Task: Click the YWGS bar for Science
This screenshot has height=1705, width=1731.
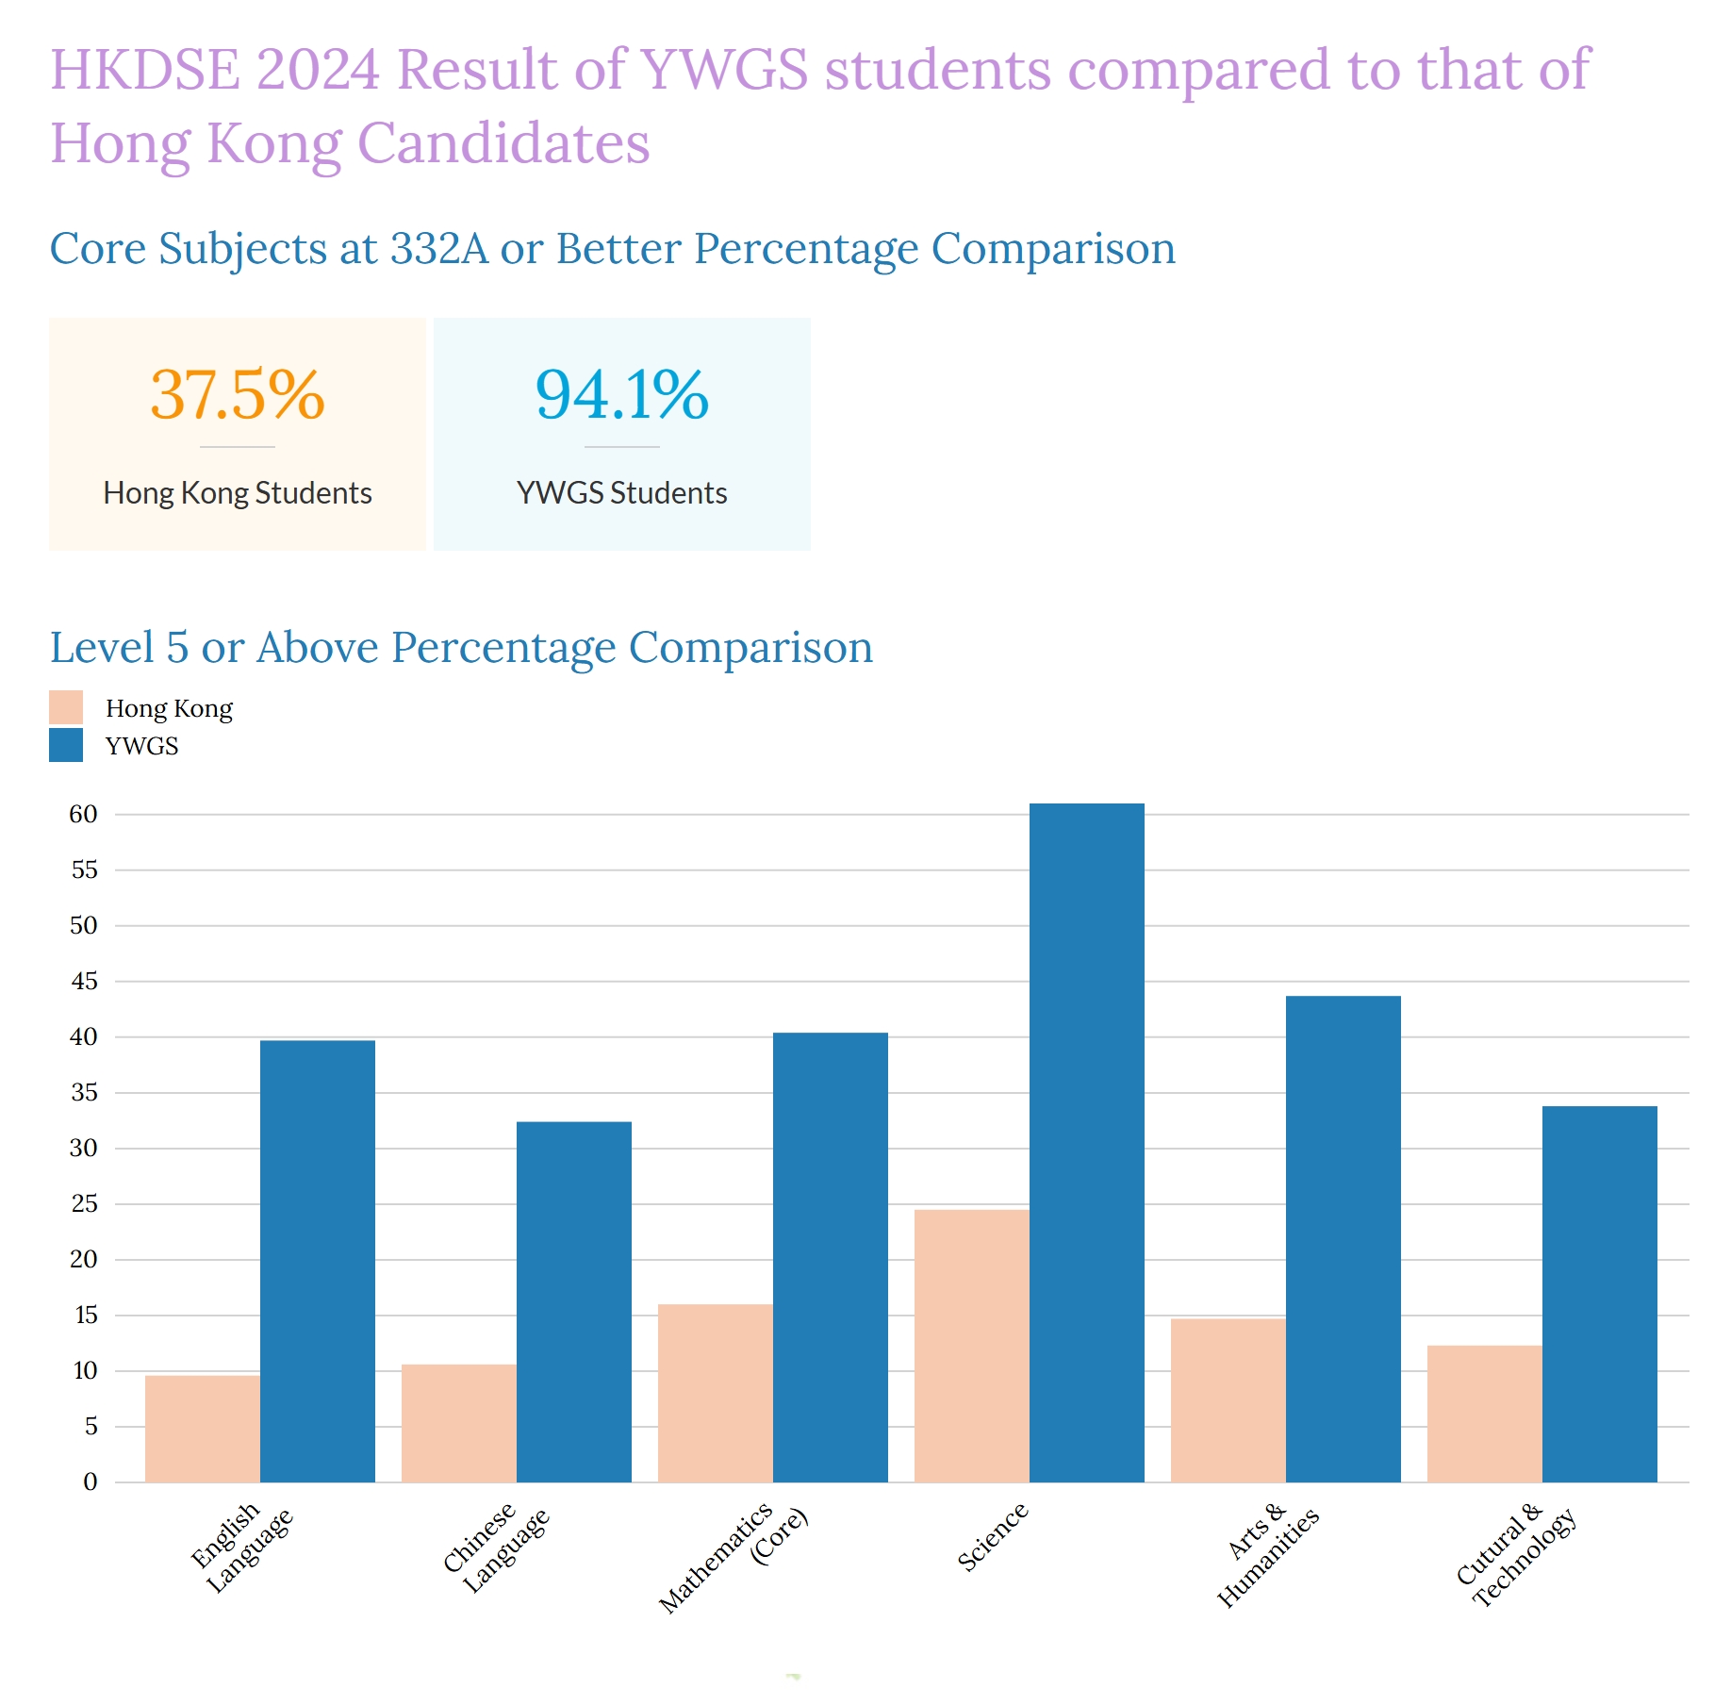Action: point(1086,1142)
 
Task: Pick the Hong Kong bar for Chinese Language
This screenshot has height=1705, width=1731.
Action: point(458,1423)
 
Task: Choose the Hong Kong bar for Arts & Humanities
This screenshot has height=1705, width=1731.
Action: point(1228,1400)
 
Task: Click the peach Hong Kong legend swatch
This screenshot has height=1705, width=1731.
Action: point(66,707)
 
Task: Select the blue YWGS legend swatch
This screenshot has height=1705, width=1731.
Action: point(66,745)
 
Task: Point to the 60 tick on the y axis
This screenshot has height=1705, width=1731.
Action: point(83,814)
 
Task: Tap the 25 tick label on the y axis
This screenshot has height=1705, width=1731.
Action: point(84,1203)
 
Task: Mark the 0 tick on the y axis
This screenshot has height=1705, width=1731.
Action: point(90,1482)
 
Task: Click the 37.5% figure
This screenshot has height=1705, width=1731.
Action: point(238,394)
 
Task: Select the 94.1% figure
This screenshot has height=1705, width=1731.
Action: point(622,394)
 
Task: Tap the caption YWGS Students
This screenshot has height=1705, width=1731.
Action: point(622,493)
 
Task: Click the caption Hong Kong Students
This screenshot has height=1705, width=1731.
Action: point(238,493)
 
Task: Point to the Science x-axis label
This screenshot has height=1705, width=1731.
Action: point(992,1538)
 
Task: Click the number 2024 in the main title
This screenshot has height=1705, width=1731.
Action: point(317,70)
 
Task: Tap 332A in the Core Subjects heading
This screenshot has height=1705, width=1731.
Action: point(439,249)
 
